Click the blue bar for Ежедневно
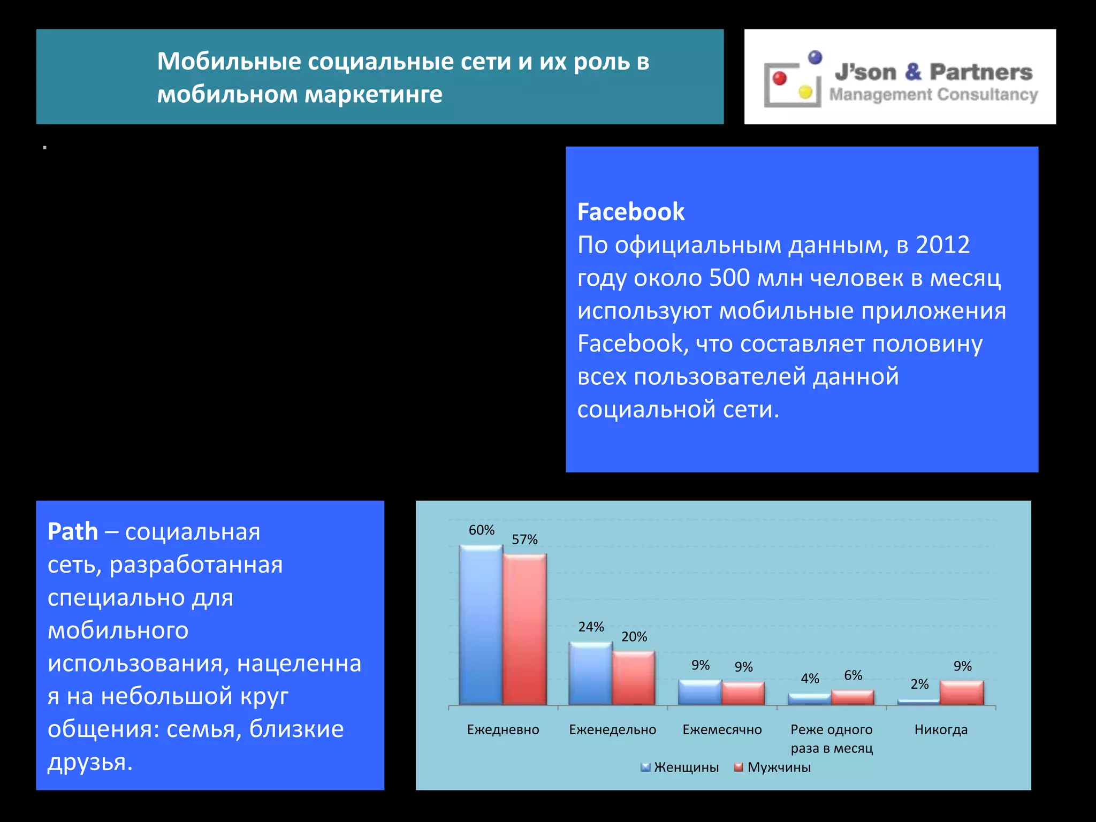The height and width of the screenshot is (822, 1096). [481, 625]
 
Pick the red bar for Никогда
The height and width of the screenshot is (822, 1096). [962, 692]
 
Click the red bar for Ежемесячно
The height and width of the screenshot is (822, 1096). [743, 693]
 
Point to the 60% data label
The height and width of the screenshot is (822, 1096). [482, 530]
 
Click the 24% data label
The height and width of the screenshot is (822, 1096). [591, 627]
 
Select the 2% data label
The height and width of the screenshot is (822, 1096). [919, 684]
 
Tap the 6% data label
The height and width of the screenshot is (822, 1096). [853, 675]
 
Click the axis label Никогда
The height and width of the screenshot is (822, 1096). [941, 729]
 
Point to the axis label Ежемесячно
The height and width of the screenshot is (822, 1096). [722, 729]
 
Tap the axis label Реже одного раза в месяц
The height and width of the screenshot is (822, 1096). [832, 739]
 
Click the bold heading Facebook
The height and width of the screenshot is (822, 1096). [631, 212]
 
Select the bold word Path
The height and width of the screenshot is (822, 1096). [73, 531]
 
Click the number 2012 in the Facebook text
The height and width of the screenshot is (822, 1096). [942, 245]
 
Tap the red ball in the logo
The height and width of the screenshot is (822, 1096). [780, 79]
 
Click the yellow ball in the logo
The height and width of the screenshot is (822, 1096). [805, 92]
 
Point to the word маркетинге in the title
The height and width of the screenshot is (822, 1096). [374, 95]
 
